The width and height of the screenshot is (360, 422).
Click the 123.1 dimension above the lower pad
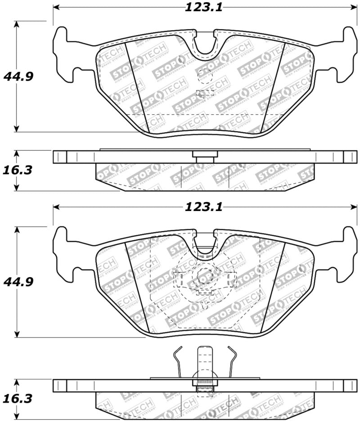tap(203, 207)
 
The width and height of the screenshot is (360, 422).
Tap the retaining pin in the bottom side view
tap(205, 362)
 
